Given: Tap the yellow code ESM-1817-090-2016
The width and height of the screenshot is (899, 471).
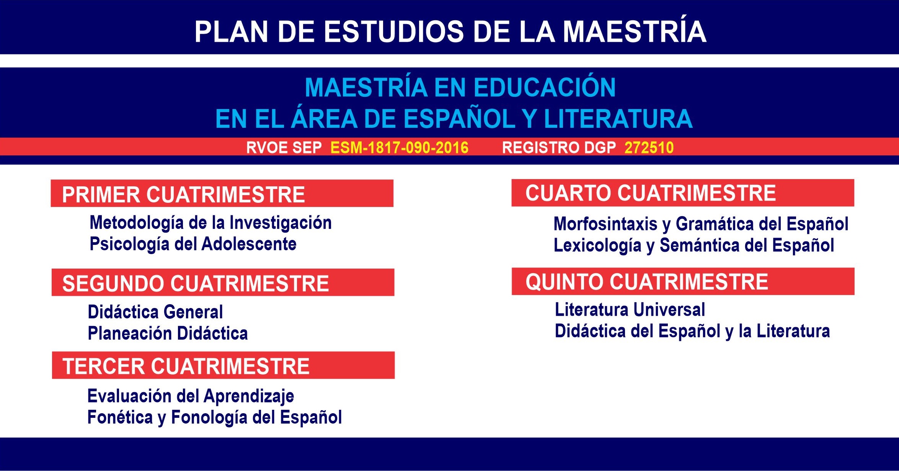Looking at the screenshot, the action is (399, 147).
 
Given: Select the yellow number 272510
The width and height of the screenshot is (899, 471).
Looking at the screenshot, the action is (649, 147).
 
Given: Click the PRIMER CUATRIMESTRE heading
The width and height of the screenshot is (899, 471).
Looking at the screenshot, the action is (183, 194).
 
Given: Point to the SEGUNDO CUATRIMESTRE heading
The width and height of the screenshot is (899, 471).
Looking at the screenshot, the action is (196, 283).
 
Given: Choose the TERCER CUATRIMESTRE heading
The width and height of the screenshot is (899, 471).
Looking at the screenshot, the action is (186, 366).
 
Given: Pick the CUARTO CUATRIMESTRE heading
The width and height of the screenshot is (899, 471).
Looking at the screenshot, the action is (651, 193).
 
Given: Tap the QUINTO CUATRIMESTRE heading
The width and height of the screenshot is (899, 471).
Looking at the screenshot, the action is (647, 282).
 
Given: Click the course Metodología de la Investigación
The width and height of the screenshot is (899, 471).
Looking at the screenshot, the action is (210, 223).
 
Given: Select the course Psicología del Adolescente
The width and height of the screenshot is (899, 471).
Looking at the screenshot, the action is (193, 244).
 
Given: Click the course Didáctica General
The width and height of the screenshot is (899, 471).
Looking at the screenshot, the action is (155, 312).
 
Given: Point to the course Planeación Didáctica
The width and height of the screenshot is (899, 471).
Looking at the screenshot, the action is (168, 333).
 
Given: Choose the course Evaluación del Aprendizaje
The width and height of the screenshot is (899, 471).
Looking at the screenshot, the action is (191, 396).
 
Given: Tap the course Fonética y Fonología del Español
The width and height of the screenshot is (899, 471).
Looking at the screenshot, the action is (214, 417).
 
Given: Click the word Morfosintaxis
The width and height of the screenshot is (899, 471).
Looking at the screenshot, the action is (605, 224).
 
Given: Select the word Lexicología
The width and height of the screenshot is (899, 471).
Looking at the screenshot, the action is (597, 246).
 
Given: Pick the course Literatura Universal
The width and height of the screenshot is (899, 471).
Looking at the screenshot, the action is (630, 310).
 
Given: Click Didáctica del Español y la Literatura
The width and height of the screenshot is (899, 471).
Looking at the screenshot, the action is (692, 331).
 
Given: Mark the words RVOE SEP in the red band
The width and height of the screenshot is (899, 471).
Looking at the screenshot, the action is (284, 148).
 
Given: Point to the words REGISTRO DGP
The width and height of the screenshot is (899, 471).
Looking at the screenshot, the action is (559, 148).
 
